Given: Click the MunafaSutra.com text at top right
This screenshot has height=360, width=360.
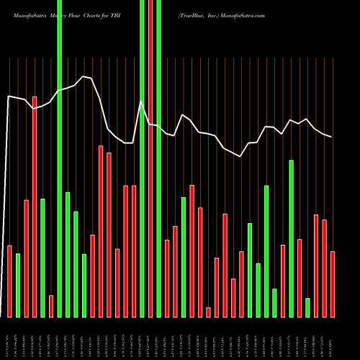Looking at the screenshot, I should (245, 14).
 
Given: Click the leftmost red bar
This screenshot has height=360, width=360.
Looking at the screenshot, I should (10, 281).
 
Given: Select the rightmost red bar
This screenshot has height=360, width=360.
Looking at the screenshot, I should (333, 284).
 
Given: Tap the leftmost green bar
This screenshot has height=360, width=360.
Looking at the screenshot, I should (18, 285).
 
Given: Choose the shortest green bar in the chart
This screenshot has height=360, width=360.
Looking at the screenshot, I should (307, 307).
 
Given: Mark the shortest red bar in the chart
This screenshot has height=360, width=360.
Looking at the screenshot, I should (208, 312).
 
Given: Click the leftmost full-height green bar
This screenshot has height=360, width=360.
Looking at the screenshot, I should (59, 158).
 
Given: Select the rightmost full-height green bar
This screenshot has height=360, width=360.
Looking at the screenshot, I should (158, 158).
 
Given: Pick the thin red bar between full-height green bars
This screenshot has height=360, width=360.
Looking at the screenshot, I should (150, 158).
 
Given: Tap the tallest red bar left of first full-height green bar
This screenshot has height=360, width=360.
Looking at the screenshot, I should (35, 207).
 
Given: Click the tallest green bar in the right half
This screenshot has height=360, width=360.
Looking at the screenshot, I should (291, 238).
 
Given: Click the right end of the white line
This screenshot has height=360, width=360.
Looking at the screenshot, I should (331, 137).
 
